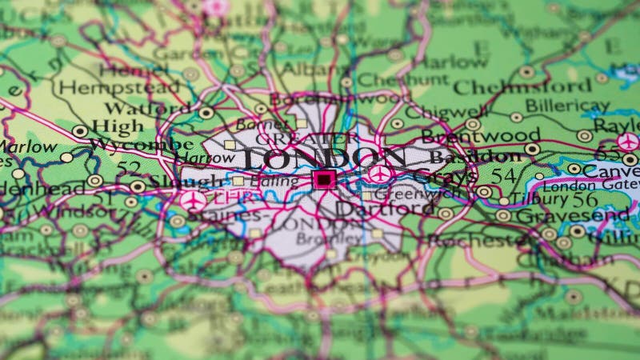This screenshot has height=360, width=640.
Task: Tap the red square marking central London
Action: (324, 180)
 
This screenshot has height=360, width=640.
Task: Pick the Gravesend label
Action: (572, 215)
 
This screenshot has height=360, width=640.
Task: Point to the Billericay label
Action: (566, 106)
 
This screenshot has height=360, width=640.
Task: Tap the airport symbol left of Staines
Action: (193, 200)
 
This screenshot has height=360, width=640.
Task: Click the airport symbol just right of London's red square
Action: (379, 174)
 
